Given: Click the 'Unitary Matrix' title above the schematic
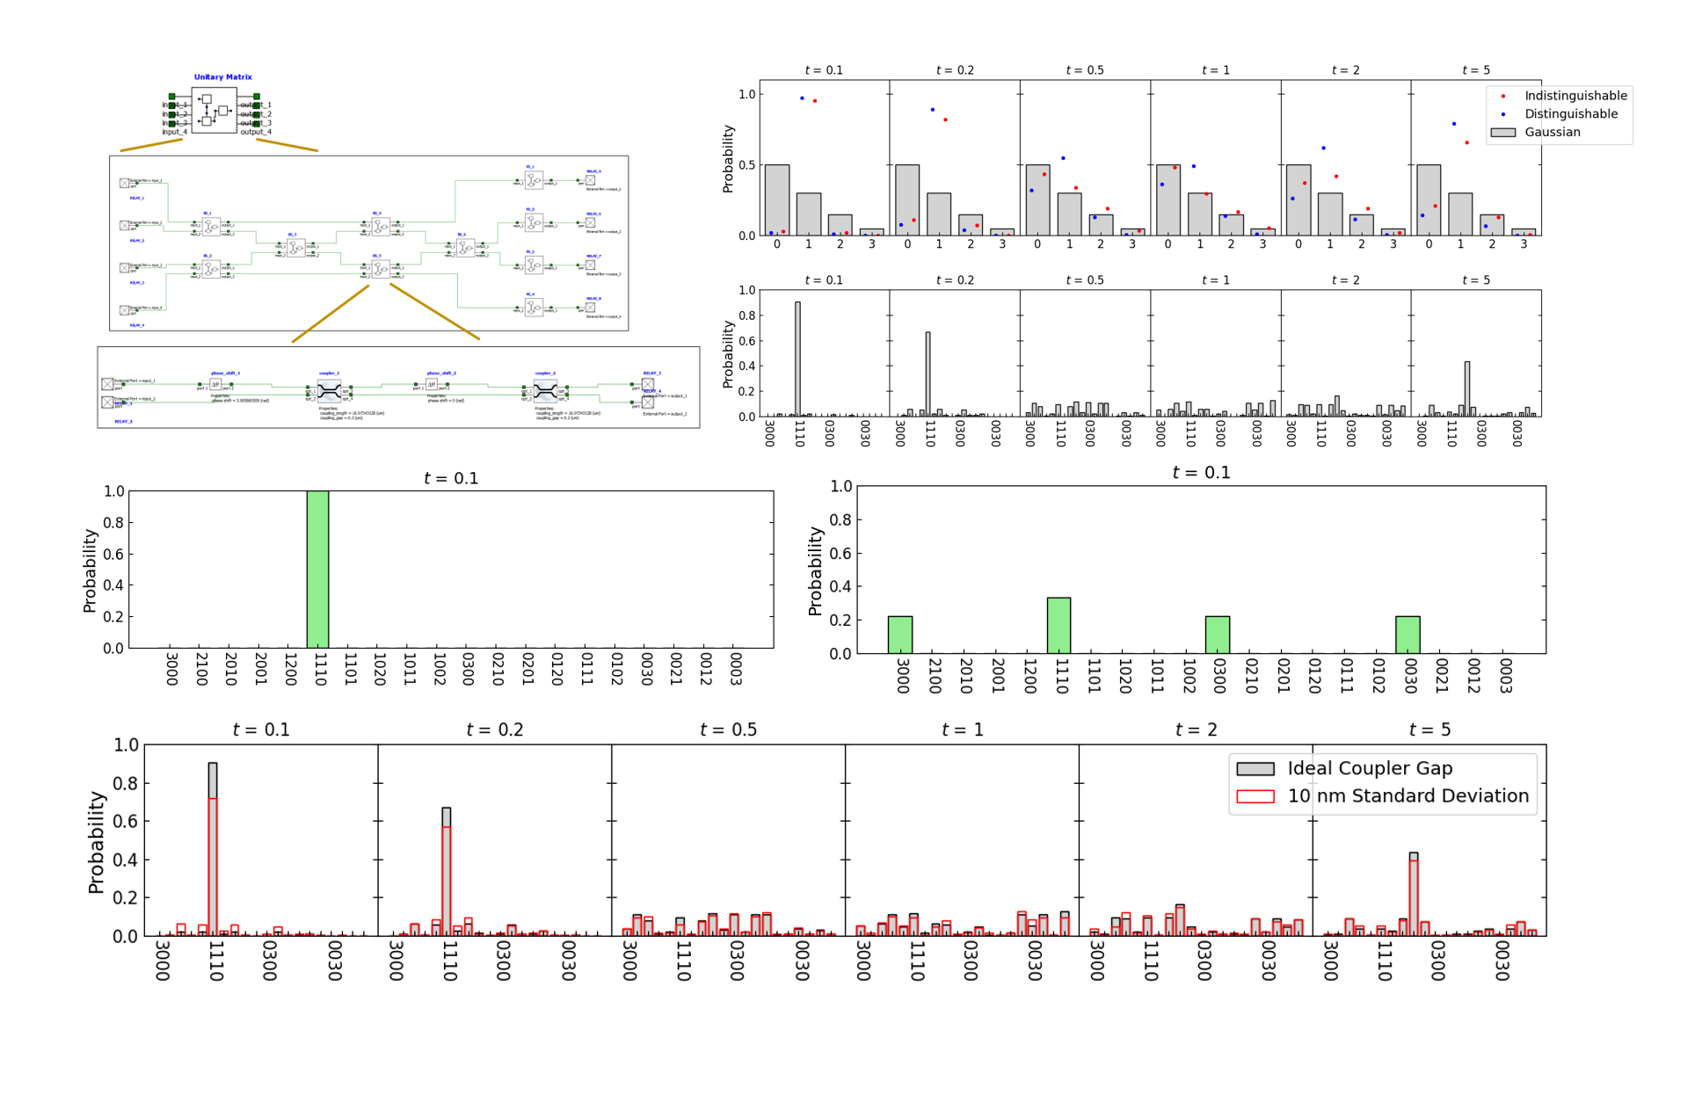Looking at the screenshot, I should (222, 77).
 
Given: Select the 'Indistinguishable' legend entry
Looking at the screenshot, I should (1575, 96).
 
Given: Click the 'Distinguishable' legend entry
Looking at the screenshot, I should (1570, 114).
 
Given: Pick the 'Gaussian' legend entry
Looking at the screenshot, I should (1552, 133).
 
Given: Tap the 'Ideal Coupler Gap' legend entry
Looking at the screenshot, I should (1369, 769).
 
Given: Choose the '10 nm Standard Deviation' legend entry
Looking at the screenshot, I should (1407, 796).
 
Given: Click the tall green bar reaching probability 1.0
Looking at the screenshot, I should (317, 570).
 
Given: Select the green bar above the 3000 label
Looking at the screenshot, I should (899, 635).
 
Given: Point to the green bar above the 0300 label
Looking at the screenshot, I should (1217, 635).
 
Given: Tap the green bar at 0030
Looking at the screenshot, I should (1408, 635).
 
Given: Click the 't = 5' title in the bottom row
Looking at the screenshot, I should (1429, 730).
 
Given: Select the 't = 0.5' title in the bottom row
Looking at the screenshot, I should (728, 730).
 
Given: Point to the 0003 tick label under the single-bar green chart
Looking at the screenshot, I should (736, 668).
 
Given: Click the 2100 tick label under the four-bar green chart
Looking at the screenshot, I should (935, 675).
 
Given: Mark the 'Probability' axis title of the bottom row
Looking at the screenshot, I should (96, 841).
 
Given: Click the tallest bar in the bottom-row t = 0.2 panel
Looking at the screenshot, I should (447, 870).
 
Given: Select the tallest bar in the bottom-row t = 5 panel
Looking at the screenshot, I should (1414, 893).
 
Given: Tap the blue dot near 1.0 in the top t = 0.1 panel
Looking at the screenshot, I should (802, 98).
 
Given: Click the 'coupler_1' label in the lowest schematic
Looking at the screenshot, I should (329, 374).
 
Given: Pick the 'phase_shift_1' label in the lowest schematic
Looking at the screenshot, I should (225, 374).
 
